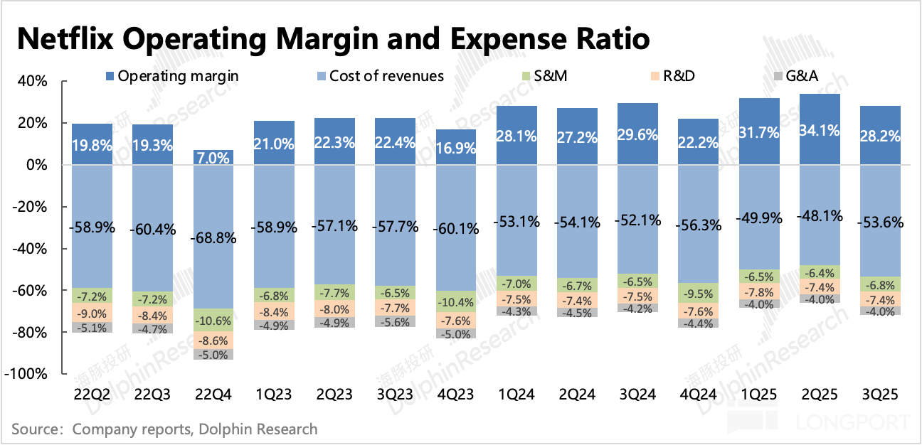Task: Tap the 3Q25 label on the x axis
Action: [x=881, y=394]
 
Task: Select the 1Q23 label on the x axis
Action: [x=274, y=394]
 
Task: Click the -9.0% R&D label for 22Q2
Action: [x=92, y=314]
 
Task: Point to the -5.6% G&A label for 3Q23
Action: [x=396, y=321]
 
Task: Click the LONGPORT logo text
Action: [x=854, y=425]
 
